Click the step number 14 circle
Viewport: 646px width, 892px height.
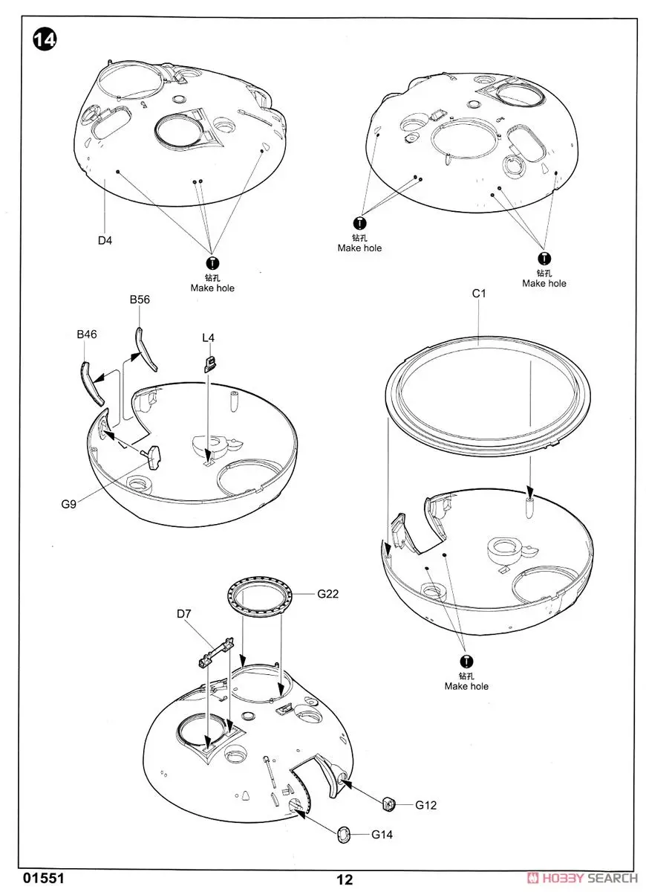point(44,39)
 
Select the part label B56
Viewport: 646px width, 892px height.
point(140,300)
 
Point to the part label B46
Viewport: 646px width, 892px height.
point(87,334)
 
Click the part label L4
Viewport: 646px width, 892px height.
point(208,337)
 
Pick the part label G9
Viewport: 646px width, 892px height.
point(69,503)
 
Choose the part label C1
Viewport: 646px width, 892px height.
point(479,294)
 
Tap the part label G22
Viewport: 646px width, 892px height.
point(328,594)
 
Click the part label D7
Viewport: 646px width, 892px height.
point(185,614)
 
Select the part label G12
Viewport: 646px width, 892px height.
point(425,805)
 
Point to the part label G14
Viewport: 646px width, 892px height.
point(382,835)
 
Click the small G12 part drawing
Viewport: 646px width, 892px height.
point(388,803)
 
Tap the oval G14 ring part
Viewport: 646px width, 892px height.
point(345,833)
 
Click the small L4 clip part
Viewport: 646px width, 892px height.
point(209,363)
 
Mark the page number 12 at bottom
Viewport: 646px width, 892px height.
point(344,880)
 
